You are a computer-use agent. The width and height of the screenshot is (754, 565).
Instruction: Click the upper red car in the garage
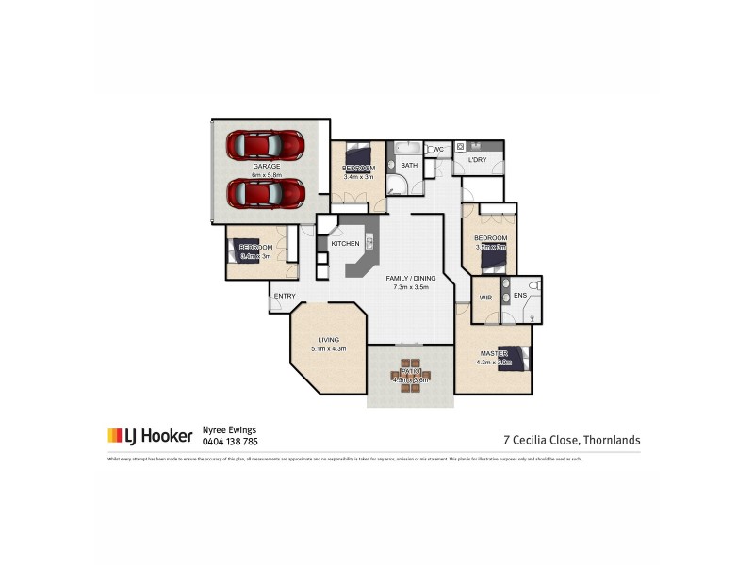(x=266, y=146)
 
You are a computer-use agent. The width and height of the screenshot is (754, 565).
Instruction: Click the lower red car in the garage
(x=266, y=193)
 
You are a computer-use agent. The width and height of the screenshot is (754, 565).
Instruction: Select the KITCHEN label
(x=345, y=244)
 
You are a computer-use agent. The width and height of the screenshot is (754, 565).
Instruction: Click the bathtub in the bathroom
(x=409, y=149)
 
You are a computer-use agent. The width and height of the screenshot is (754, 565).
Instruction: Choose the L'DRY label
(x=477, y=161)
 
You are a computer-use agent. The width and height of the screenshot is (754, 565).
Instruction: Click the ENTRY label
(x=285, y=297)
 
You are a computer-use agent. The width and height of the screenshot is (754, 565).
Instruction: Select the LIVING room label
(x=328, y=340)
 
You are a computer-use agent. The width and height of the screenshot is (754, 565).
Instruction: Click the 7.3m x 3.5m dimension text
(x=410, y=287)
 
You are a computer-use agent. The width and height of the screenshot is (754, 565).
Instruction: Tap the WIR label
(x=485, y=297)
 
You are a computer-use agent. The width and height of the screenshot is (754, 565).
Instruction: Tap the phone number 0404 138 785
(x=230, y=440)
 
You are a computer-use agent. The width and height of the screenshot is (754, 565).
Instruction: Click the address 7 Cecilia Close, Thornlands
(x=572, y=439)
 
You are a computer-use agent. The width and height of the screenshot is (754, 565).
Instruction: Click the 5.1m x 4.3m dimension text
(x=328, y=349)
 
